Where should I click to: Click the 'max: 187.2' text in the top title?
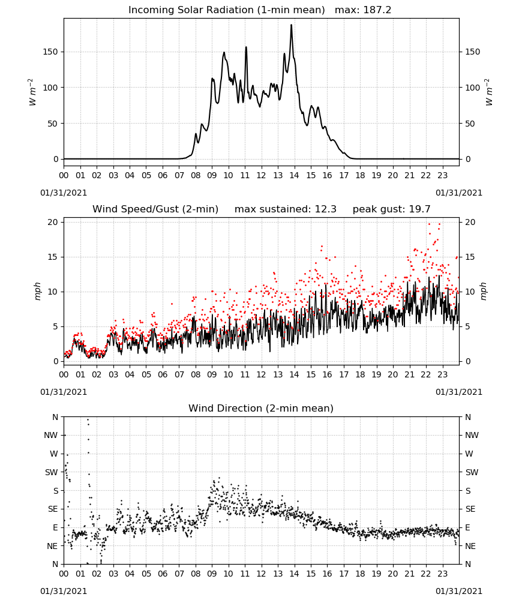point(363,10)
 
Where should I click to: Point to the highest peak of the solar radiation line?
point(291,25)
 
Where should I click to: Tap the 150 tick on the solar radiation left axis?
point(50,52)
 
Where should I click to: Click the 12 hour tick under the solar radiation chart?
point(261,176)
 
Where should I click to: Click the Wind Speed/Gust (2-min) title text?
point(155,209)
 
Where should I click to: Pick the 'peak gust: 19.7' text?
point(391,209)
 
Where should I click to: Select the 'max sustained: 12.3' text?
point(286,209)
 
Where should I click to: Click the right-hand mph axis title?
point(483,292)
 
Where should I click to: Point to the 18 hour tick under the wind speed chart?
point(360,374)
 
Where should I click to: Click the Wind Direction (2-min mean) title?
point(261,408)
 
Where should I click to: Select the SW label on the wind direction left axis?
point(52,473)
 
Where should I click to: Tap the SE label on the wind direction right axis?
point(470,509)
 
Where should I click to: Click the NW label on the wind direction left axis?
point(51,436)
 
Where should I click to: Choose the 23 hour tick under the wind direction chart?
point(442,574)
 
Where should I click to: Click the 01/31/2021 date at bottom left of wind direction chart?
point(64,591)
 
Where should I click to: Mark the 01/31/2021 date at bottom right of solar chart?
point(459,193)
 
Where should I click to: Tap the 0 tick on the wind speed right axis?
point(467,362)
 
